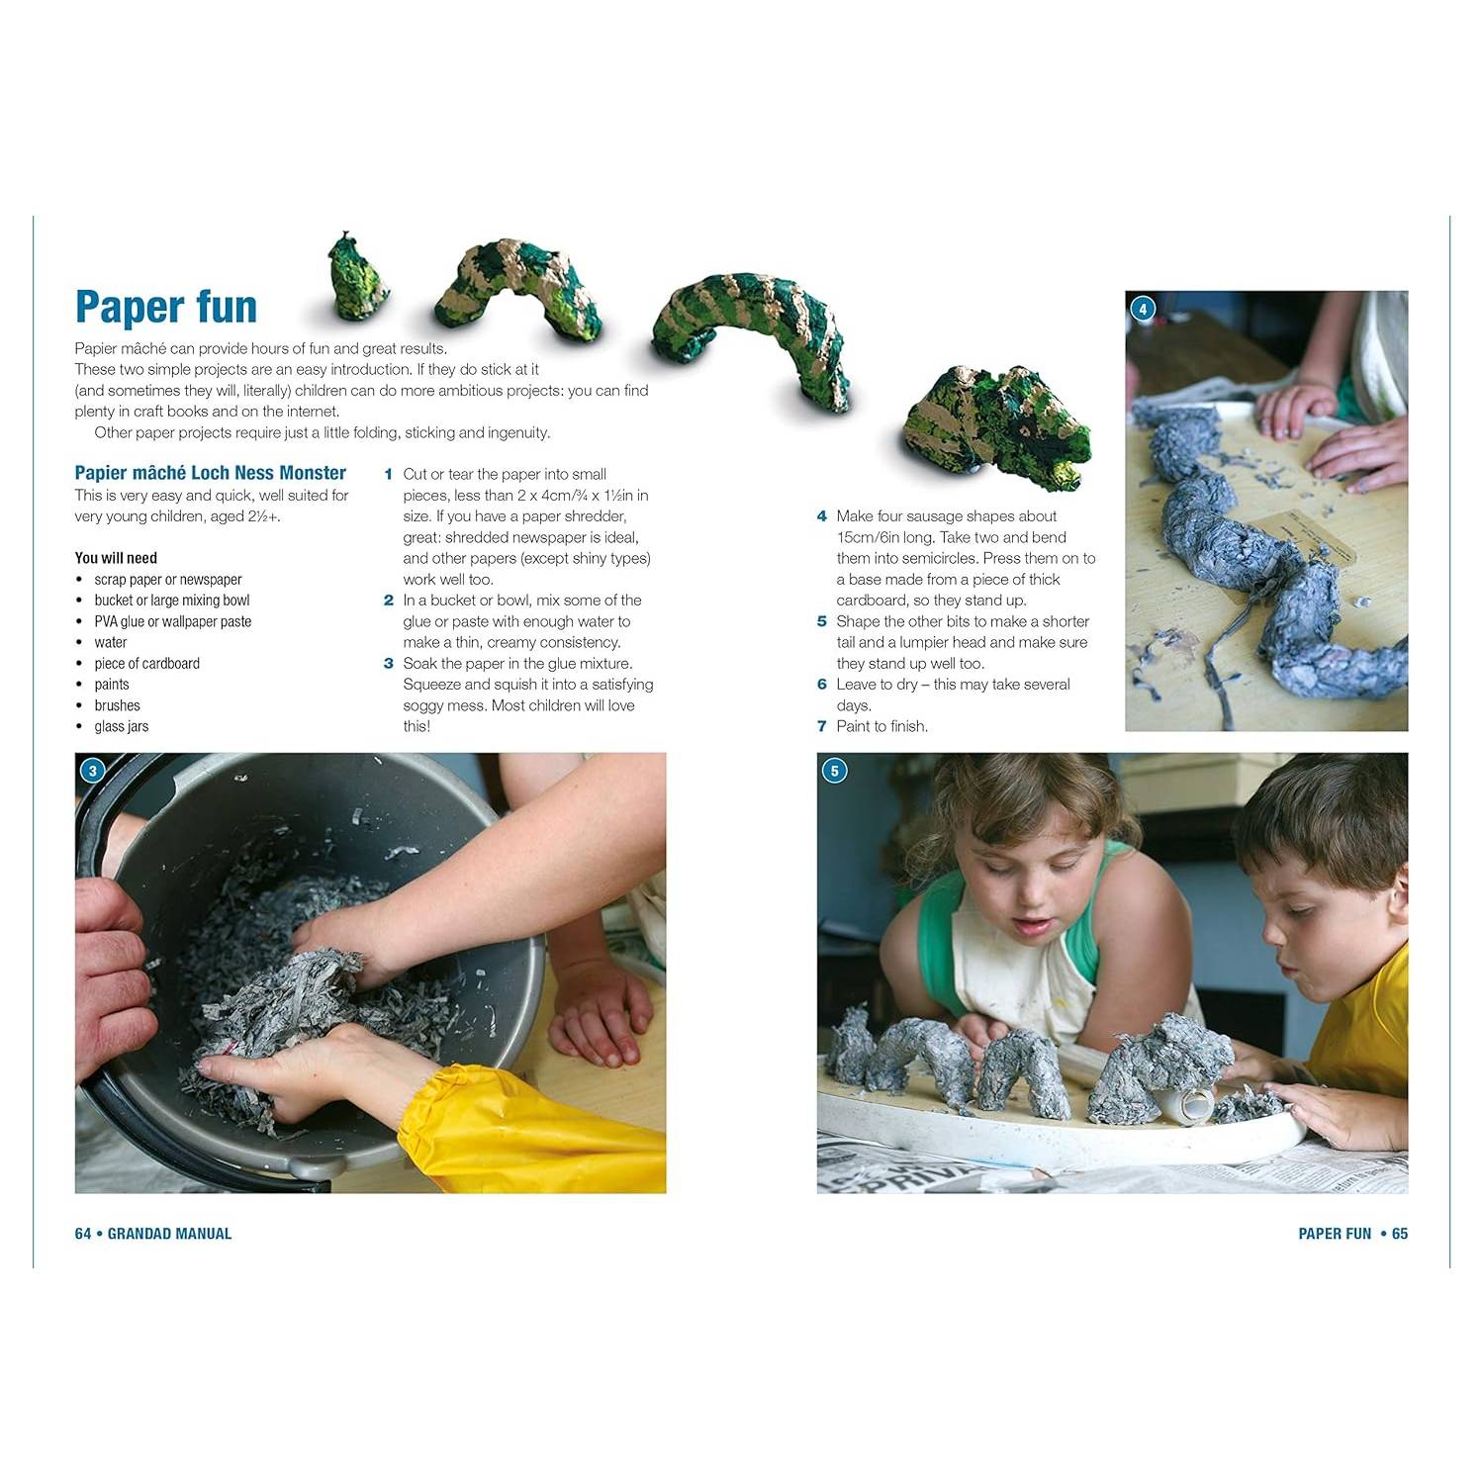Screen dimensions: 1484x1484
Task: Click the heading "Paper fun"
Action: (166, 308)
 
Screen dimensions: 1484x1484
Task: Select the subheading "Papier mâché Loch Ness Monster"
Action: (211, 473)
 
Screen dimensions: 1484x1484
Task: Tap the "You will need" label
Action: (116, 558)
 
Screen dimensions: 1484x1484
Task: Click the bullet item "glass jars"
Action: (122, 726)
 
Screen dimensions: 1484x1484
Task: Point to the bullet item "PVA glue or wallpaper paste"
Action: (173, 621)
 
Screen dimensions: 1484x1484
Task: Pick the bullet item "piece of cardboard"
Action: (147, 663)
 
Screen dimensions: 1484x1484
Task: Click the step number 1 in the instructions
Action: (389, 475)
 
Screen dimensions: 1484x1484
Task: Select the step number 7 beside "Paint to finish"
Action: (821, 726)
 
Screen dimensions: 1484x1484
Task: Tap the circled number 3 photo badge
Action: (93, 771)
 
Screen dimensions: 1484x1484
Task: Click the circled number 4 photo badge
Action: (1143, 309)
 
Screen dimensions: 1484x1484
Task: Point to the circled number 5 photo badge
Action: (835, 771)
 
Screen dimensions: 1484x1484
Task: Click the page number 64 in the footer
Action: (83, 1234)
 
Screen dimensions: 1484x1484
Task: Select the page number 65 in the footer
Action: (1400, 1234)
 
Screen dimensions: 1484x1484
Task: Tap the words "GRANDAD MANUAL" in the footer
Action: (169, 1234)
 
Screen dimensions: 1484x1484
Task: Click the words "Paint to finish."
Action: (882, 726)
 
